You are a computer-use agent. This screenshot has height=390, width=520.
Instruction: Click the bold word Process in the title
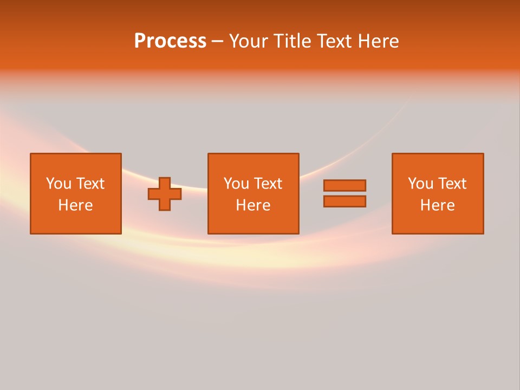(x=170, y=41)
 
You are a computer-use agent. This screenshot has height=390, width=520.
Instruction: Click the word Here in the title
(x=378, y=41)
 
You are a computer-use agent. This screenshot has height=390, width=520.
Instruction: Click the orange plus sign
(x=165, y=194)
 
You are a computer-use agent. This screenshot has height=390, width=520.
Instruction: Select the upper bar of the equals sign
(x=344, y=185)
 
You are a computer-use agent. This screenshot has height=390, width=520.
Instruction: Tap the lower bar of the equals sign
(x=344, y=201)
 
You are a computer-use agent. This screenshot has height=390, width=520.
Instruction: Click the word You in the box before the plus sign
(x=58, y=184)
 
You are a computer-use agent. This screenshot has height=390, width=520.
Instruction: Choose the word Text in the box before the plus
(x=90, y=184)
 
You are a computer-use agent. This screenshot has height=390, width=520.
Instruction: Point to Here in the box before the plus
(x=75, y=205)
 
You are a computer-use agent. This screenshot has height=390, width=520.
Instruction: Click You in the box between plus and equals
(x=236, y=184)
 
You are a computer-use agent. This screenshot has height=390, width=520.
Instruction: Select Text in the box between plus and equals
(x=268, y=184)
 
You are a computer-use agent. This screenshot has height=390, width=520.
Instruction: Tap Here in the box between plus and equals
(x=253, y=205)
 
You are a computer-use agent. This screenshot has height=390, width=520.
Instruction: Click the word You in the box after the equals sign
(x=420, y=184)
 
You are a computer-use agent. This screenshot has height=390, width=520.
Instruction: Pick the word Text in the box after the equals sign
(x=452, y=184)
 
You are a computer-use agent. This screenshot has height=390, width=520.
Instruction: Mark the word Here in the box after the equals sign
(x=437, y=205)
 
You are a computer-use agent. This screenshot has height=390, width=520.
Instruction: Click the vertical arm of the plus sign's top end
(x=165, y=181)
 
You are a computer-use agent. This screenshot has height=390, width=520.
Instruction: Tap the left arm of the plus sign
(x=153, y=194)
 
